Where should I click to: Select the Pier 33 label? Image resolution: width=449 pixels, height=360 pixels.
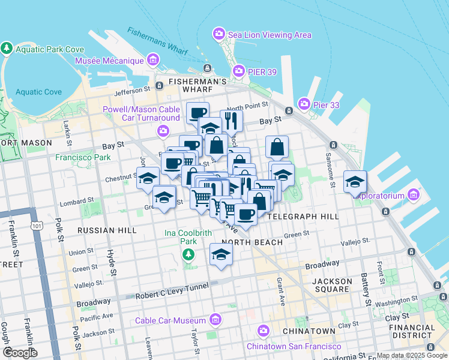click(328, 104)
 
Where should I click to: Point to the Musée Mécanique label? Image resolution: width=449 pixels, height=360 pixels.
click(109, 61)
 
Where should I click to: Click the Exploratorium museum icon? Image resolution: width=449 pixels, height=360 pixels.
click(412, 195)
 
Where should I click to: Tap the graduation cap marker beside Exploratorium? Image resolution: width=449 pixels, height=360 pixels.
click(355, 181)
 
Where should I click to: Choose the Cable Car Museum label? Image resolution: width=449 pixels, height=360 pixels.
click(170, 320)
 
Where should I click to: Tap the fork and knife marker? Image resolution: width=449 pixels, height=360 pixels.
click(231, 121)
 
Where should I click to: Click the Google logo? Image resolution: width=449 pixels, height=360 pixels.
click(20, 353)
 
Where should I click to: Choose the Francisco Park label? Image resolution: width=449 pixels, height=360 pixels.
click(83, 158)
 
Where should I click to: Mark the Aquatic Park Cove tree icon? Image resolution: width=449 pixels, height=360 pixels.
click(7, 47)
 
